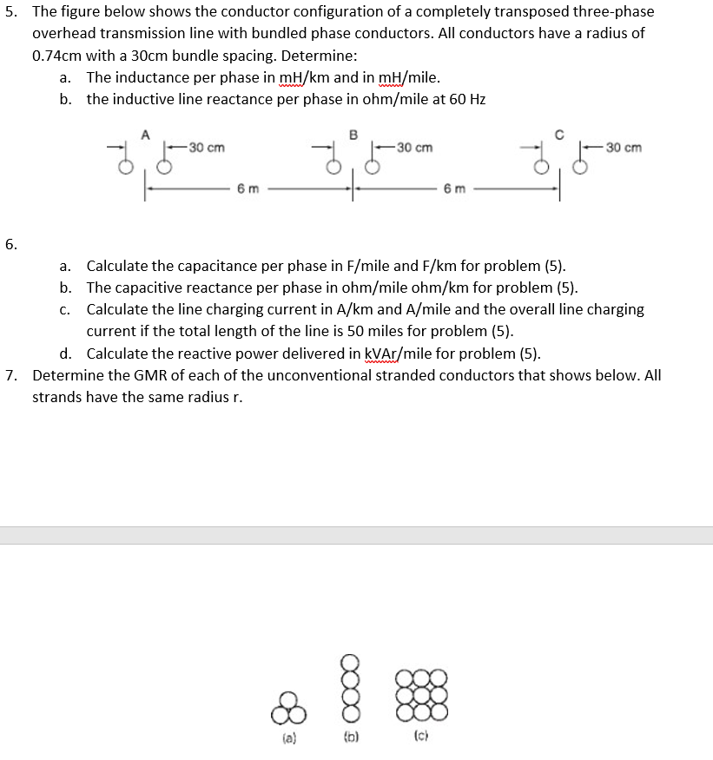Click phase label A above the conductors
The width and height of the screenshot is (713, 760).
coord(145,134)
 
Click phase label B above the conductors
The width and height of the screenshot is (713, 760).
coord(353,134)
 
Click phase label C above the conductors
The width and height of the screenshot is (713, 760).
coord(559,134)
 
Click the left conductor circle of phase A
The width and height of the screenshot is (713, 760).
coord(126,166)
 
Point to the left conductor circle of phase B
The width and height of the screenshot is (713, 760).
coord(333,166)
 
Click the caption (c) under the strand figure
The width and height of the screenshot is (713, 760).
coord(422,741)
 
